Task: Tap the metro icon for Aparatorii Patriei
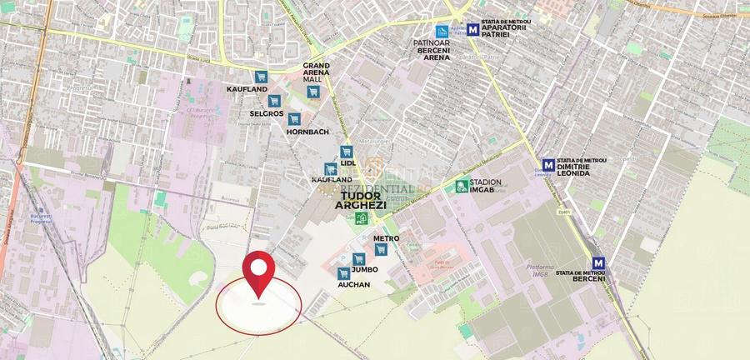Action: click(474, 29)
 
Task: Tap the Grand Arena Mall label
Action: click(316, 74)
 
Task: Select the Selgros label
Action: click(267, 112)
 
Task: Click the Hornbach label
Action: click(307, 132)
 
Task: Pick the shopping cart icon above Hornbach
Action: click(294, 118)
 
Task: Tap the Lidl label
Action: click(347, 162)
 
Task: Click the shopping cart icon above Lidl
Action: click(347, 151)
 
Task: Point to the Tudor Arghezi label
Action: click(357, 199)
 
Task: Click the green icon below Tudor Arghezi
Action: click(361, 219)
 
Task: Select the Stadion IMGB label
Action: click(487, 186)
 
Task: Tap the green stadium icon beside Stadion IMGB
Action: click(461, 186)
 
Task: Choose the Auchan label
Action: click(353, 284)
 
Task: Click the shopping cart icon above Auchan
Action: click(342, 272)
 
